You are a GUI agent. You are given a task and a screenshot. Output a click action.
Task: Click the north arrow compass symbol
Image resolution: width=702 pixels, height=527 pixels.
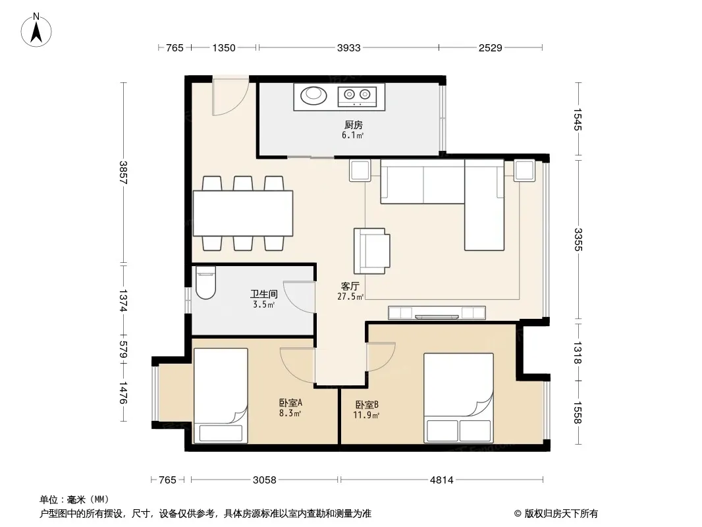click(x=36, y=30)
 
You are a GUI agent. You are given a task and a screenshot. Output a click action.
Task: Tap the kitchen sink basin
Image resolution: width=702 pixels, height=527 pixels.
click(x=313, y=95)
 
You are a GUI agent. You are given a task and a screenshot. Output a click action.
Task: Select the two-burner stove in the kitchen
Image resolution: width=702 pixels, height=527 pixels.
click(x=357, y=96)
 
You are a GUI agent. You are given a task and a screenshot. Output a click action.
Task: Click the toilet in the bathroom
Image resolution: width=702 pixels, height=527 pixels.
click(x=205, y=283)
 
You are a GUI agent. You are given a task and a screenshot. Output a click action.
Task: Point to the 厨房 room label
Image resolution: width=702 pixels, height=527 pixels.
click(x=353, y=125)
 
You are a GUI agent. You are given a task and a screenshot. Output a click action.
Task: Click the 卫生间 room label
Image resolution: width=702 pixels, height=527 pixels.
click(x=263, y=294)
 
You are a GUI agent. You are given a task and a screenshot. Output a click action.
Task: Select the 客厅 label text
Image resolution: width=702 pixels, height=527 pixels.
click(x=350, y=286)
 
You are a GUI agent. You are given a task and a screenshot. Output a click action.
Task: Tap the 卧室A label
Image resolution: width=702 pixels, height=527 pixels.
click(x=290, y=403)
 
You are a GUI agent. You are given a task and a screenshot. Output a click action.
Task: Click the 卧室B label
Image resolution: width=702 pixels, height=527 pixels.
click(x=367, y=404)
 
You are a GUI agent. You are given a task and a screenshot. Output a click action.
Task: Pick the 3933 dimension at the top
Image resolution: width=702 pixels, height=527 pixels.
click(x=349, y=47)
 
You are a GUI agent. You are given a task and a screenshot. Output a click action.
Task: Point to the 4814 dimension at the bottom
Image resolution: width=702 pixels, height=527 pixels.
click(x=441, y=480)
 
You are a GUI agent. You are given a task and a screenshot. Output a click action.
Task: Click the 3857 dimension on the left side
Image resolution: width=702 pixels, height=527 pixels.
click(x=124, y=173)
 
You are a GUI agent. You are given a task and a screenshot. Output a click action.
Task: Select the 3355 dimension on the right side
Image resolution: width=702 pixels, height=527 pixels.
click(x=578, y=240)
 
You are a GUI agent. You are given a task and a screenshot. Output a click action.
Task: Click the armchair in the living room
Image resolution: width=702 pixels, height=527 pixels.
click(x=371, y=251)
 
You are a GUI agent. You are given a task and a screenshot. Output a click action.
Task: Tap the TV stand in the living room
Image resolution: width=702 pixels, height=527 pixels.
click(x=437, y=312)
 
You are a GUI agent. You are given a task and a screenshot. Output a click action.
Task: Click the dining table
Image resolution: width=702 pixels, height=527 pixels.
click(x=243, y=213)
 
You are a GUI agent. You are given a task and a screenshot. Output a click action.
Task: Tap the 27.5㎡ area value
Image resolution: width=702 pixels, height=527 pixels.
click(x=350, y=296)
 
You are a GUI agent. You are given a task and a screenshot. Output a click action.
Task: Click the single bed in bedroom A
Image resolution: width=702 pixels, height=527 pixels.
click(x=220, y=396)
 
